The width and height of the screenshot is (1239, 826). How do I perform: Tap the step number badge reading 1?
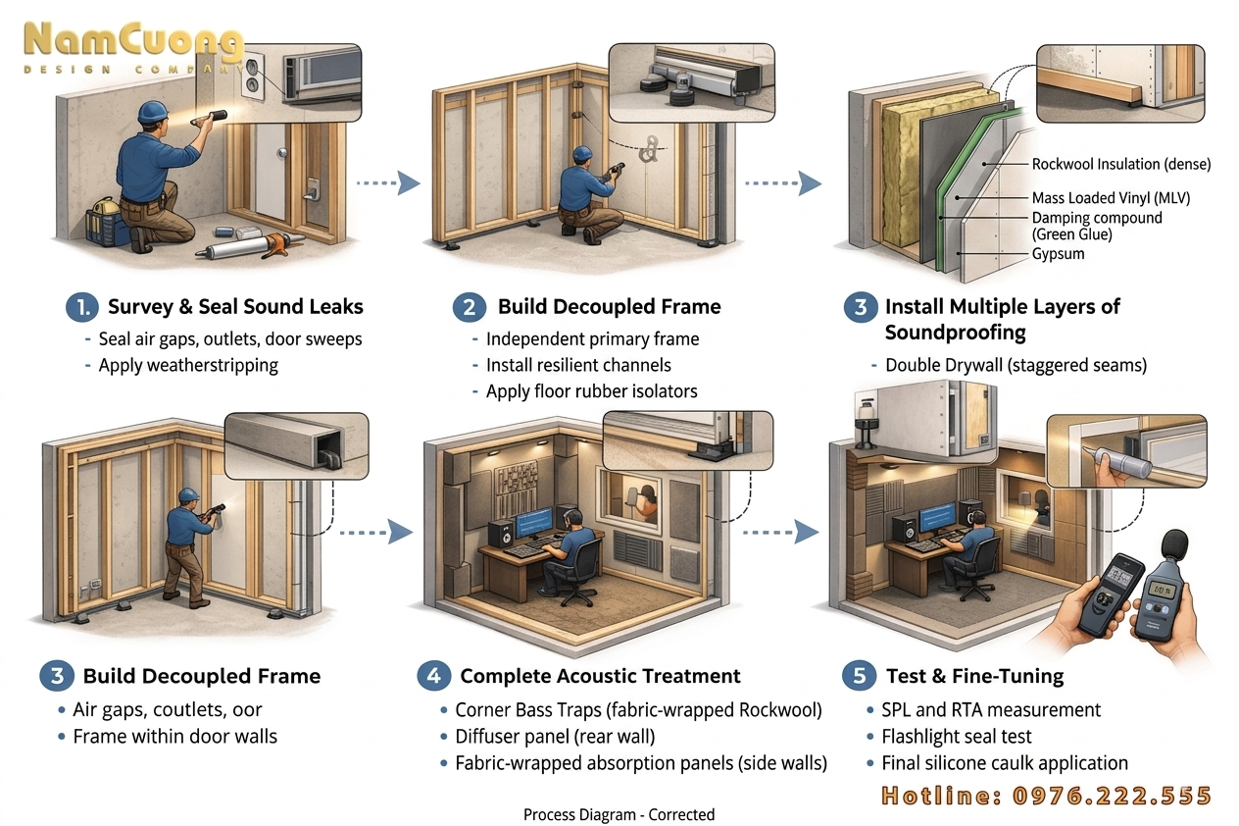tap(80, 307)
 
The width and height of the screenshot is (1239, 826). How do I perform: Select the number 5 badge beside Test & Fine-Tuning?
tap(859, 676)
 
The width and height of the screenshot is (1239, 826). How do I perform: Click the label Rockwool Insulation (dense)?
tap(1121, 164)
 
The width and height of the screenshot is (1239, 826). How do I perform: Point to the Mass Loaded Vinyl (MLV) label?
tap(1111, 198)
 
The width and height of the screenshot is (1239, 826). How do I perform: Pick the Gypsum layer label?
tap(1059, 254)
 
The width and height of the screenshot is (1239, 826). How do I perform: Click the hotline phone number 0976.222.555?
tap(1047, 796)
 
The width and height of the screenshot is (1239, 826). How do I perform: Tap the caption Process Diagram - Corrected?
tap(619, 814)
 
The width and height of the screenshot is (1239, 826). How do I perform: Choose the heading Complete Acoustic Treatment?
tap(600, 676)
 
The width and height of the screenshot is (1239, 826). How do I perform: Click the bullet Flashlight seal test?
tap(955, 736)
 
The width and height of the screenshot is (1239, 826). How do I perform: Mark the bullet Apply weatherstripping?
tap(188, 365)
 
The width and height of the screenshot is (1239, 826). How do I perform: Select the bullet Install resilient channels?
tap(578, 365)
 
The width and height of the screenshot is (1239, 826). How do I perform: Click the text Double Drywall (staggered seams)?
tap(1016, 365)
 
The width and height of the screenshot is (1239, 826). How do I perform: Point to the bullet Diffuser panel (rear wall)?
tap(554, 736)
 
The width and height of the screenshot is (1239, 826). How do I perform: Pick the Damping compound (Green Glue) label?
tap(1096, 226)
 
